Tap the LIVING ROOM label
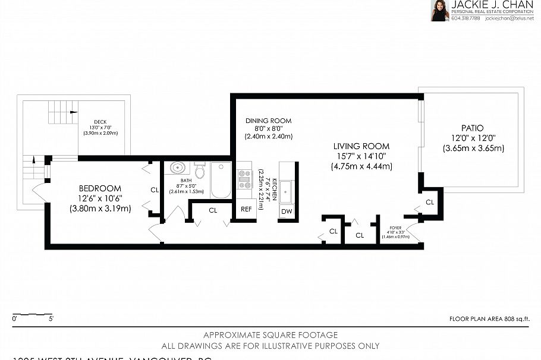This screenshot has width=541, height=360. (361, 146)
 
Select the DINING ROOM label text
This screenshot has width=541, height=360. (268, 121)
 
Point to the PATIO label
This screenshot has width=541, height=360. (472, 128)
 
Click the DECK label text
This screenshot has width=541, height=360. (100, 122)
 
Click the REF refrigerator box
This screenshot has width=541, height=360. (246, 209)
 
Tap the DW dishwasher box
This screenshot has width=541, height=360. (287, 211)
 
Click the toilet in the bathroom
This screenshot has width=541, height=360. (200, 171)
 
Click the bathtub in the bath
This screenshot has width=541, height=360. (221, 181)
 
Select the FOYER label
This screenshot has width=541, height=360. (396, 228)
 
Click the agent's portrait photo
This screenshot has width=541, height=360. (439, 11)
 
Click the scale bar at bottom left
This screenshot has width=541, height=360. (33, 313)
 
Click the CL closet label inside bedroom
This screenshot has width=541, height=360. (154, 190)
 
